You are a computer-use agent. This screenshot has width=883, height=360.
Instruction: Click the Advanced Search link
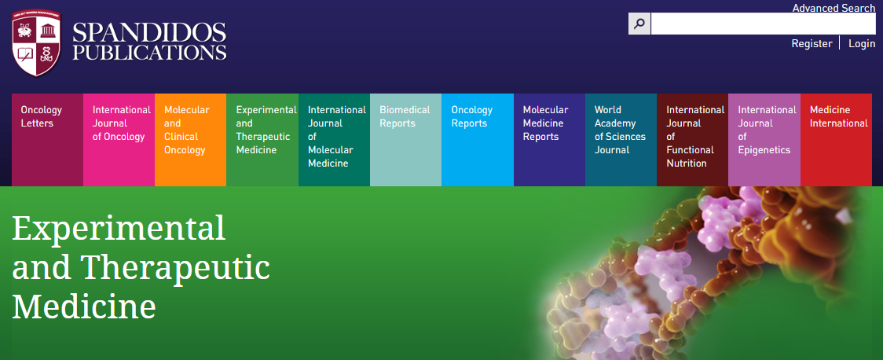coord(834,8)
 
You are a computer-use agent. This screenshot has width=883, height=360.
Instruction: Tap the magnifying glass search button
coord(639,24)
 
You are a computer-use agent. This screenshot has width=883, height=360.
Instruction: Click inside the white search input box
coord(763,24)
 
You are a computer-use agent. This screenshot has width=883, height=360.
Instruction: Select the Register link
coord(812,43)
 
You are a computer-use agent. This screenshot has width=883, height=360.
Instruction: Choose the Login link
coord(862,43)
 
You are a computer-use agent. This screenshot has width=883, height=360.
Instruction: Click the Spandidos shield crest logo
coord(36,43)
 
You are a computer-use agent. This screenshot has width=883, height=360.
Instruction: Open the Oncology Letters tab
coord(47,140)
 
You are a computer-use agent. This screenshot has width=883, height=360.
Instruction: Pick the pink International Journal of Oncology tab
coord(119,140)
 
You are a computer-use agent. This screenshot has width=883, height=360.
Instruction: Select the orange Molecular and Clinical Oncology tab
coord(190,140)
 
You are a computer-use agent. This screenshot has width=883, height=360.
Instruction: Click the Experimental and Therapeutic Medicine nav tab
coord(262,140)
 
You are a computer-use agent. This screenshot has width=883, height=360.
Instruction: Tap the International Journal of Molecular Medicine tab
coord(334,140)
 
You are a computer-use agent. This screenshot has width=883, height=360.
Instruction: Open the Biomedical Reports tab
coord(405,140)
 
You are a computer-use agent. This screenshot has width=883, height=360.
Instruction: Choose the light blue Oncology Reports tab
coord(478,140)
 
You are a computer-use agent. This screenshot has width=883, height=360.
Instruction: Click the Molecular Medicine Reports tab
coord(549,140)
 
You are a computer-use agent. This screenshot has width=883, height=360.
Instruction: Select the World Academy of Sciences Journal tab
coord(621,140)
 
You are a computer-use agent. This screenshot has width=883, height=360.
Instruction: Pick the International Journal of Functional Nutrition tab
coord(692,140)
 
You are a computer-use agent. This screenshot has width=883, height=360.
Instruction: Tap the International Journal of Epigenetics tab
coord(764,140)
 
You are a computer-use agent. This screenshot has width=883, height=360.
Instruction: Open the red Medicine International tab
coord(836,140)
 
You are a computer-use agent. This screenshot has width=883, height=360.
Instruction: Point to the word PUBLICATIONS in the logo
coord(149,53)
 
